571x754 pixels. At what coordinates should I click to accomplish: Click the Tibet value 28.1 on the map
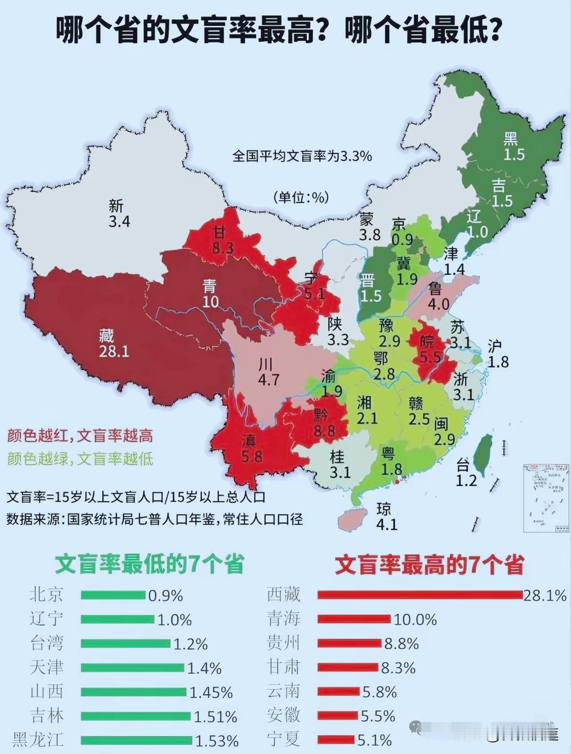(x=114, y=351)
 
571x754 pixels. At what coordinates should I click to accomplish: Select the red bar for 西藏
(x=419, y=595)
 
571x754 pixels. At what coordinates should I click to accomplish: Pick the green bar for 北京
(x=113, y=595)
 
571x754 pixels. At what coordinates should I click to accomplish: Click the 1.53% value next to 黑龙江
(x=217, y=741)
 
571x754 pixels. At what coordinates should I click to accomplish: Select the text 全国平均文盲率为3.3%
(x=302, y=156)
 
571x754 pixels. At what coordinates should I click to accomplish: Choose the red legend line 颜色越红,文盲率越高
(x=80, y=435)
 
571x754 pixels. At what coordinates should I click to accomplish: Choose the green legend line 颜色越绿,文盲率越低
(x=80, y=459)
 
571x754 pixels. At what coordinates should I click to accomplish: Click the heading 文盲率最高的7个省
(x=429, y=565)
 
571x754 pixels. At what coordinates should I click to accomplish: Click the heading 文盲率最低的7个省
(x=149, y=565)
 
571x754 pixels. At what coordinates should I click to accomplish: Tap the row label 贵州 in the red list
(x=283, y=643)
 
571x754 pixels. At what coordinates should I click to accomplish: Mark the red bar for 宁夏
(x=336, y=740)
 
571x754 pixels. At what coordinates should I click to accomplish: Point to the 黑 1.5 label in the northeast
(x=513, y=146)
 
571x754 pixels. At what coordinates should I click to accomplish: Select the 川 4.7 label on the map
(x=268, y=372)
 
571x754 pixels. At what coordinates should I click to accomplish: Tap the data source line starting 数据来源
(x=154, y=519)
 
